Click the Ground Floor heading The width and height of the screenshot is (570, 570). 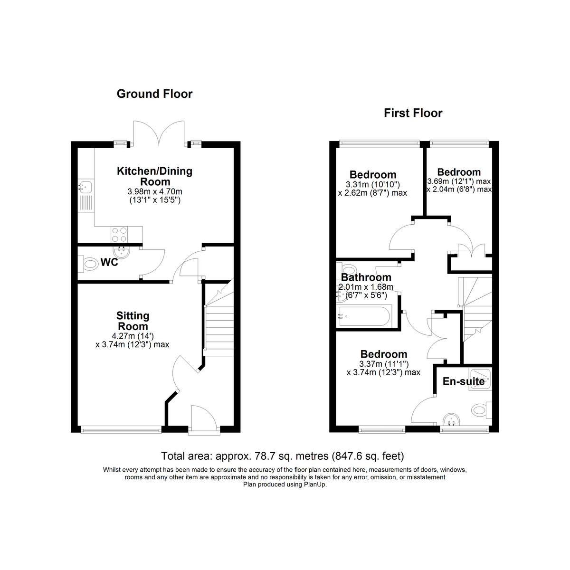pyautogui.click(x=154, y=94)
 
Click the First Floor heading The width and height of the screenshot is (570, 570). pyautogui.click(x=413, y=113)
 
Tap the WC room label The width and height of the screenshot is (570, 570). pyautogui.click(x=109, y=262)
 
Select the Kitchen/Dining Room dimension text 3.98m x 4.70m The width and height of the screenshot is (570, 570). pyautogui.click(x=155, y=191)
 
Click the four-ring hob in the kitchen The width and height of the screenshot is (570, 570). pyautogui.click(x=120, y=235)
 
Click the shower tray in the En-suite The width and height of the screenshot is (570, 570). pyautogui.click(x=480, y=379)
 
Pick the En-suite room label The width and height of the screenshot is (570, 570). pyautogui.click(x=464, y=381)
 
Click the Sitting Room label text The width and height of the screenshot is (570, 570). pyautogui.click(x=133, y=321)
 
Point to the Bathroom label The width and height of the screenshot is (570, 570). pyautogui.click(x=366, y=277)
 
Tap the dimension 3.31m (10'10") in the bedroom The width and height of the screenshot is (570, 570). pyautogui.click(x=373, y=185)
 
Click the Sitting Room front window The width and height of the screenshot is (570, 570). pyautogui.click(x=121, y=430)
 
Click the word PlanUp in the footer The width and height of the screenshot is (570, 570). pyautogui.click(x=314, y=484)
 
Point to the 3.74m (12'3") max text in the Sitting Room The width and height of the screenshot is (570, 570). pyautogui.click(x=132, y=344)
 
